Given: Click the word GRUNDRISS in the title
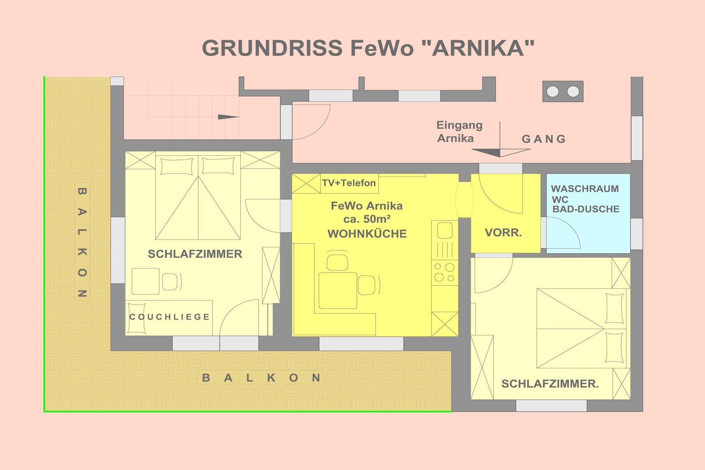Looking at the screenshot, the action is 272,48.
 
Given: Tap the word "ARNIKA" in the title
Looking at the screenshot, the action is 478,48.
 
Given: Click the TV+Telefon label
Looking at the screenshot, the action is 349,183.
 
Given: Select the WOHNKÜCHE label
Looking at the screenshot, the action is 367,234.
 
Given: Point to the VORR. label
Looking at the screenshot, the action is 503,232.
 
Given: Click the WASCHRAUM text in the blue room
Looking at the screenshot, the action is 585,189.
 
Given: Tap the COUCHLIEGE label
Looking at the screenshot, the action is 169,317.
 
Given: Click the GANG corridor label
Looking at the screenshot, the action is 544,139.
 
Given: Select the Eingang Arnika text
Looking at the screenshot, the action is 460,132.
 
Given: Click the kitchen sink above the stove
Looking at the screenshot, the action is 444,230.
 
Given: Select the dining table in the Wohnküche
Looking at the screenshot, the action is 338,290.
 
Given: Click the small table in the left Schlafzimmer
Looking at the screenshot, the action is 146,281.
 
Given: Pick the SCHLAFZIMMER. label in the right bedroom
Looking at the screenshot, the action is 550,384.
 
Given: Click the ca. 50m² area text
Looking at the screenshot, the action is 367,219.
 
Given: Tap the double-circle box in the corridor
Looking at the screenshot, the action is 563,92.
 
